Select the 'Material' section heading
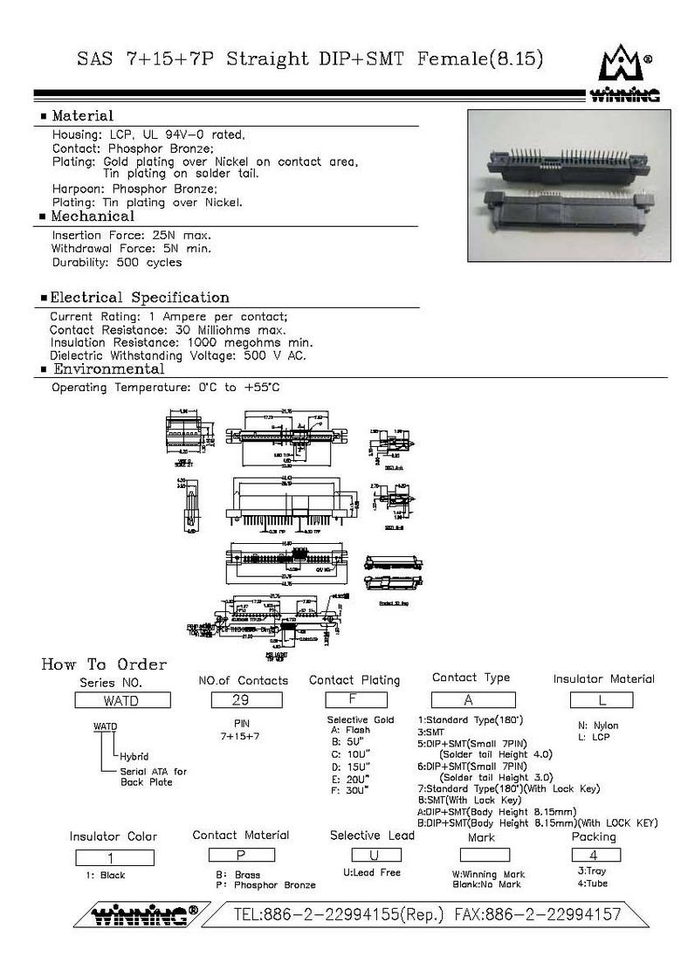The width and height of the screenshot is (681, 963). click(82, 116)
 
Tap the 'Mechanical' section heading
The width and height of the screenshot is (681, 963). click(93, 217)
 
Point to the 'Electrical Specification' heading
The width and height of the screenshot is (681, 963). click(139, 298)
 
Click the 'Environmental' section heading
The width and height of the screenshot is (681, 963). click(109, 369)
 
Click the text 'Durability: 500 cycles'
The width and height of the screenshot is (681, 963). click(117, 262)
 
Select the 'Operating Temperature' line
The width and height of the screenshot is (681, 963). click(166, 387)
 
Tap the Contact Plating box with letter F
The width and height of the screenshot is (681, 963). click(355, 699)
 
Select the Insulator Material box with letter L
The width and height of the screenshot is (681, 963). click(602, 699)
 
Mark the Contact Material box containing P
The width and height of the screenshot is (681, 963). click(242, 855)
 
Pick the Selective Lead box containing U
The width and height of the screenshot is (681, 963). click(376, 855)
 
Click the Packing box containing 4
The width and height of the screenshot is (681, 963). click(595, 855)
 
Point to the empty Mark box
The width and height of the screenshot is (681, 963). click(479, 856)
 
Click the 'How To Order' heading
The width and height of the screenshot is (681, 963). click(104, 664)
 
